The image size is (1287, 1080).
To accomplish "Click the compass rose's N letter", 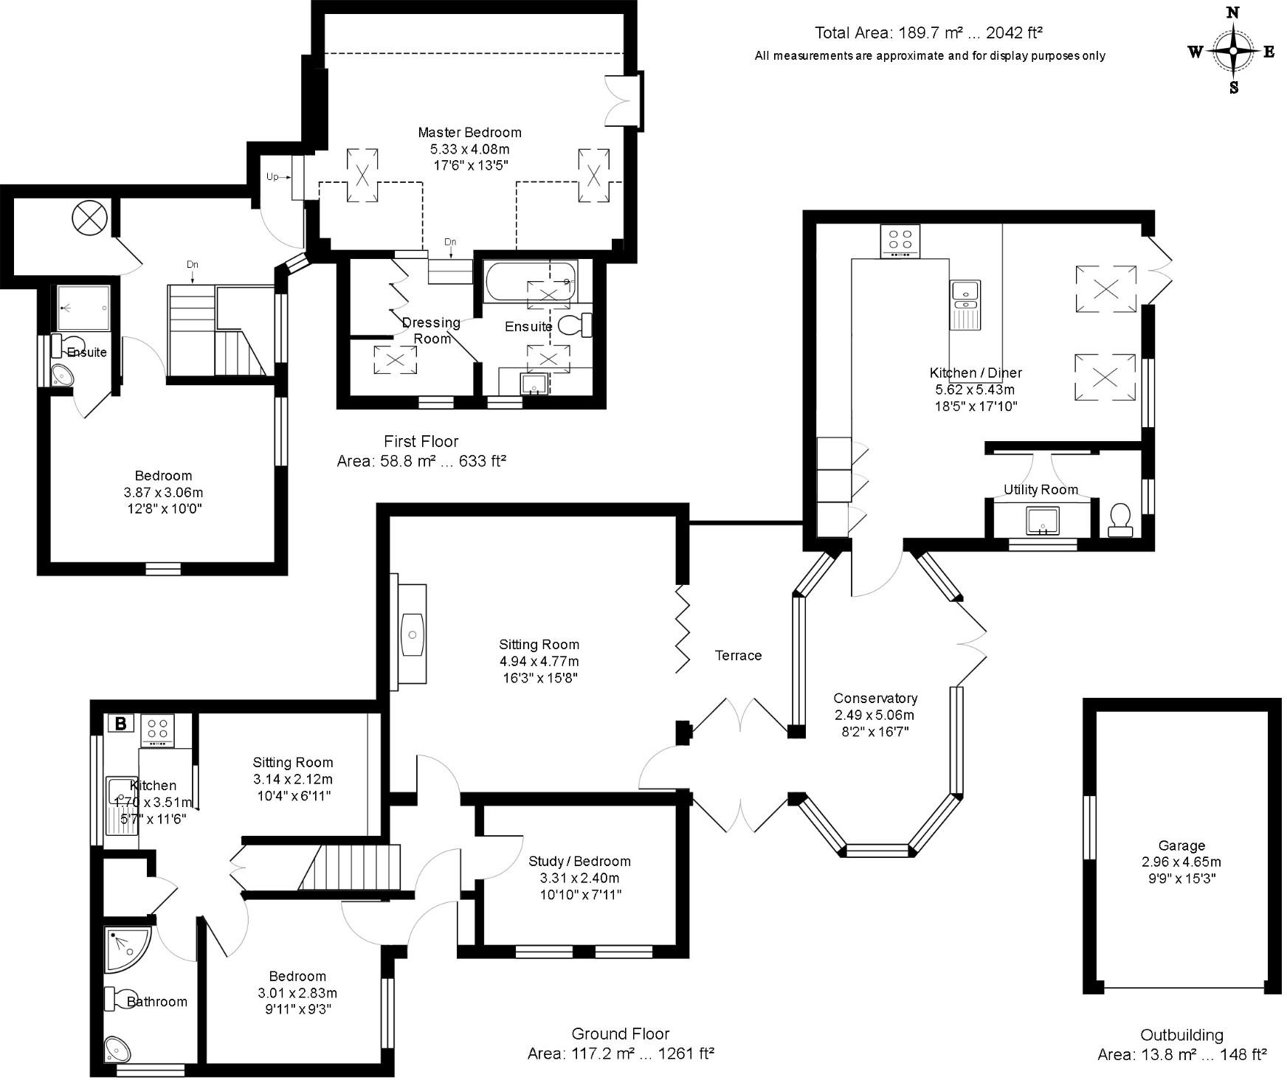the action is click(1232, 13).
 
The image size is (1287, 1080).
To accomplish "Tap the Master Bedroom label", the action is click(469, 133).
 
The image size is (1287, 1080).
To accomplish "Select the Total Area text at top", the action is click(928, 32).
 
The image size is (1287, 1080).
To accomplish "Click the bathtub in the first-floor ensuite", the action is click(530, 282).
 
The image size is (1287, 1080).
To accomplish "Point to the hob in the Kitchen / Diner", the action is click(900, 241).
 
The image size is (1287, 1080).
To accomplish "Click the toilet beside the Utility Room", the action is click(1120, 520).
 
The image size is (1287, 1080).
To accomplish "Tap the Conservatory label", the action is click(875, 698).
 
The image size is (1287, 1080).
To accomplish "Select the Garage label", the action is click(1181, 845).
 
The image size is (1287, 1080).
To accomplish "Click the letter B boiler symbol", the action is click(120, 724).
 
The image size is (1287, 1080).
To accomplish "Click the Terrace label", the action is click(738, 655).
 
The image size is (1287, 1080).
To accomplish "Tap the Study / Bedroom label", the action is click(579, 861).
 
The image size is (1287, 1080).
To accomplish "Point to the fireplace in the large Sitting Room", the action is click(412, 634).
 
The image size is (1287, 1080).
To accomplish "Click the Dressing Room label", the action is click(431, 330).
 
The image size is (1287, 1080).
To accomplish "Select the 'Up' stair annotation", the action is click(272, 177).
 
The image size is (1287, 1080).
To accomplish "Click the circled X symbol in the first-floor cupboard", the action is click(90, 218).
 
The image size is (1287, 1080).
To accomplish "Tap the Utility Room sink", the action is click(1042, 521).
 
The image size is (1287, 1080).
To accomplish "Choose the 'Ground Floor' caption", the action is click(621, 1034).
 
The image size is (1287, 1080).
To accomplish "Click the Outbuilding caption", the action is click(1181, 1035).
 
